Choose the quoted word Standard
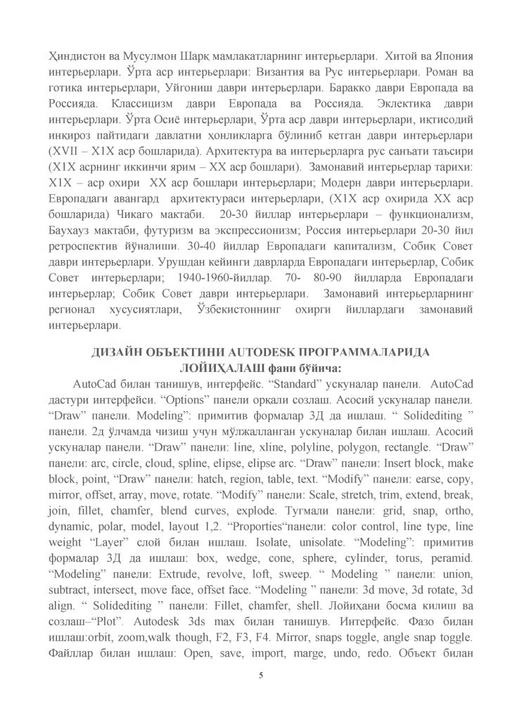pyautogui.click(x=287, y=385)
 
